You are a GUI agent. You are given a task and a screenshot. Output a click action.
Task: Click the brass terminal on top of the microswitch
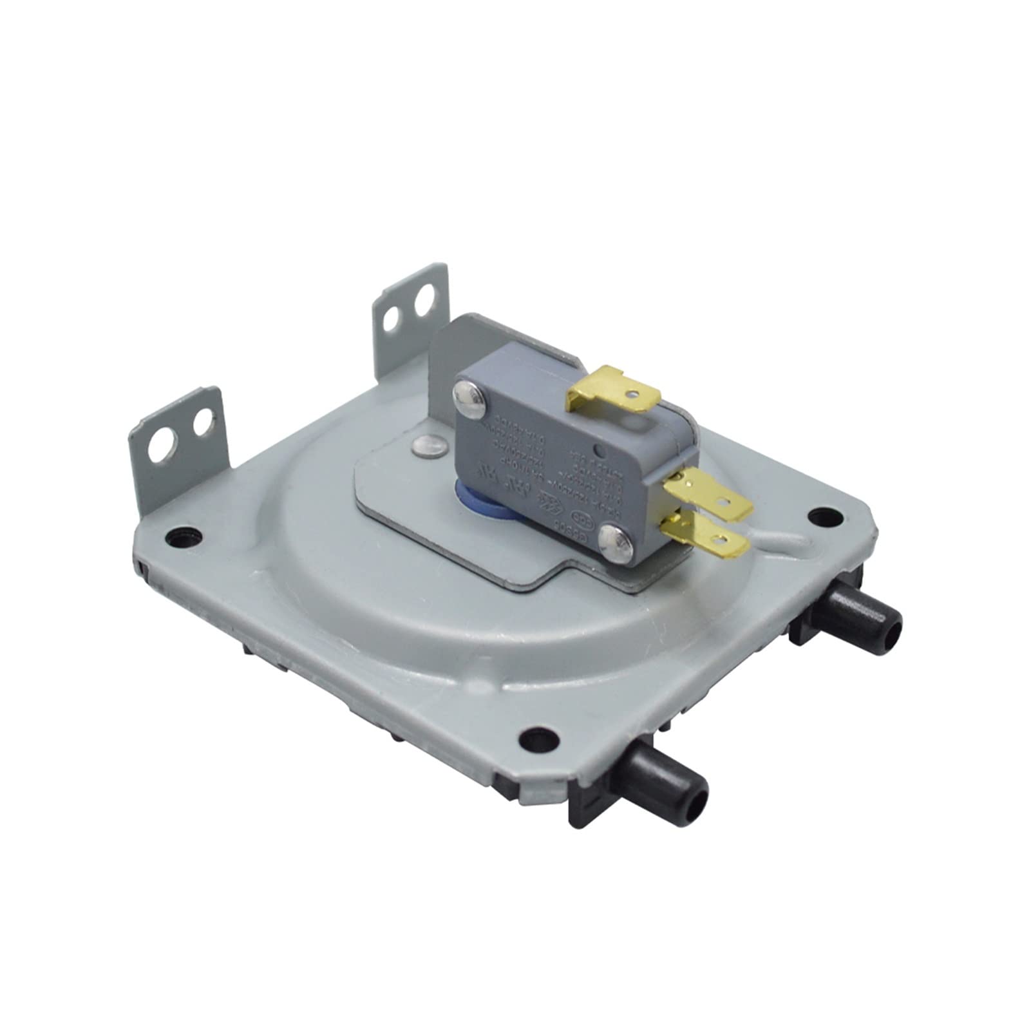tap(615, 389)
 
